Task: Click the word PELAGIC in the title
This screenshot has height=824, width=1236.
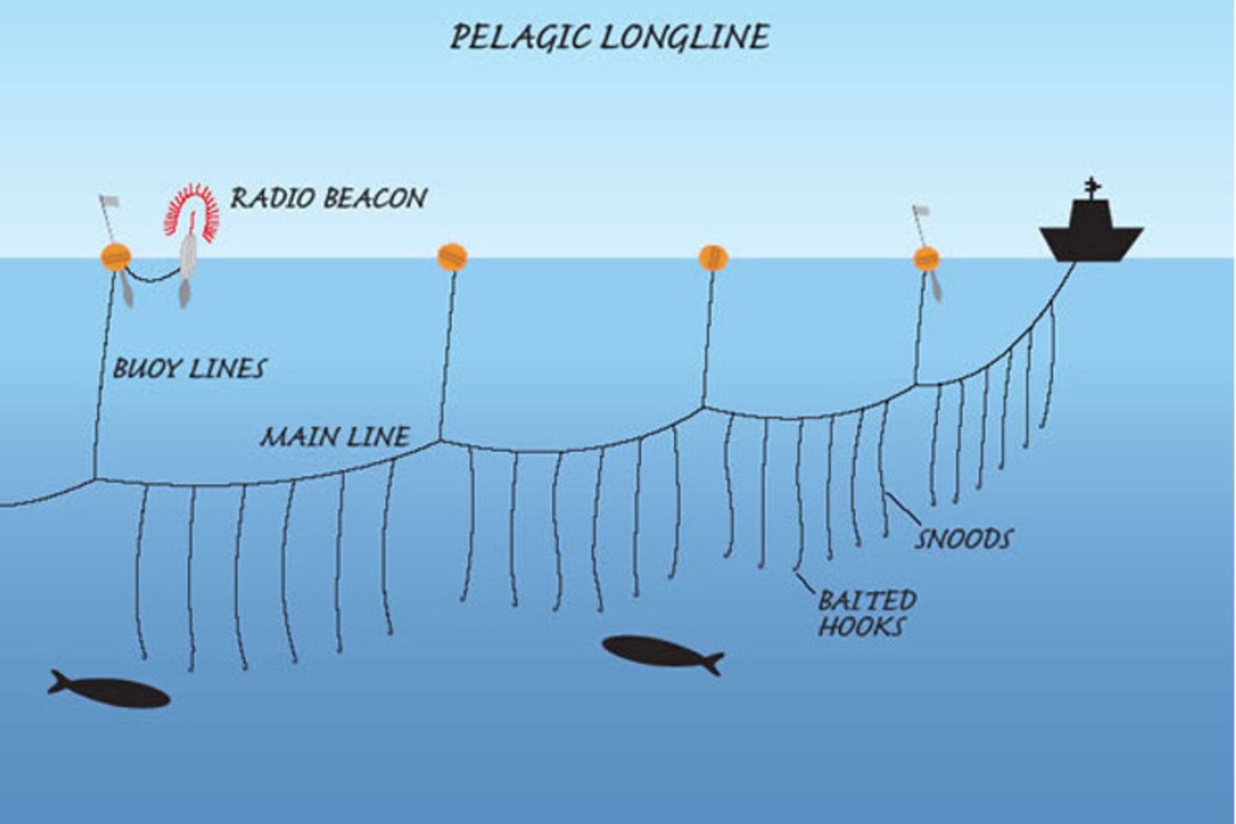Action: (520, 37)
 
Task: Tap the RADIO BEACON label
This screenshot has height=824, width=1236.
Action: (328, 198)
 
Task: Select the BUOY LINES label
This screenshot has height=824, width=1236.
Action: (189, 369)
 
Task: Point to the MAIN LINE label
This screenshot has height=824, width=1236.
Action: (335, 437)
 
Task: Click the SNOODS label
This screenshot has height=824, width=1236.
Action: (964, 539)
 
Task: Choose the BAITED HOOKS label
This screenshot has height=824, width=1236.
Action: (866, 613)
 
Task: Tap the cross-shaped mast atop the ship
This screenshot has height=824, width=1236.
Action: (1091, 187)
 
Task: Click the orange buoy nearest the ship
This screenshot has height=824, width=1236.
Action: (926, 258)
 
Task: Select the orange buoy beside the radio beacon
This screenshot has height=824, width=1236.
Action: (116, 257)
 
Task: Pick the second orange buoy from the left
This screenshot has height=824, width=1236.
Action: (452, 257)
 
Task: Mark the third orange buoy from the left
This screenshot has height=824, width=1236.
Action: (713, 257)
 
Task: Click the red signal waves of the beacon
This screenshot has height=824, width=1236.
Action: (191, 213)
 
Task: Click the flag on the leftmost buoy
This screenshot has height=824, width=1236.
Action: (109, 201)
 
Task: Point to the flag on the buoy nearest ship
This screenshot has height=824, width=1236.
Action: (921, 211)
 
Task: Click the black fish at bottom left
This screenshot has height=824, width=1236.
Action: (109, 690)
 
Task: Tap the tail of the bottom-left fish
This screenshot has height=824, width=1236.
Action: (58, 682)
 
